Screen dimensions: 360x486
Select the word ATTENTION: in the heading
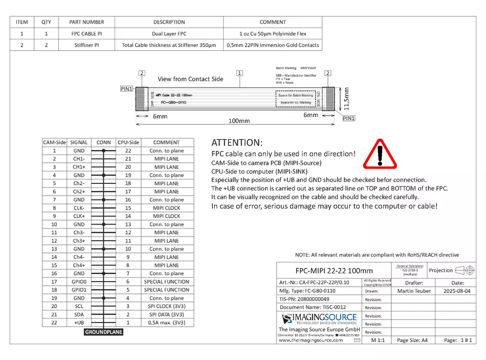(x=237, y=142)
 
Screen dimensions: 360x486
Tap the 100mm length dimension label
(x=239, y=121)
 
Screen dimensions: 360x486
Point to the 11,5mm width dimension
(x=347, y=98)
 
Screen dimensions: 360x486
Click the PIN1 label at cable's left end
(x=126, y=89)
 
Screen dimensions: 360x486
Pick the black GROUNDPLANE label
(x=104, y=332)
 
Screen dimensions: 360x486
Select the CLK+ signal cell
(x=78, y=216)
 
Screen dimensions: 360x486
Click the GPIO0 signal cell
(x=78, y=282)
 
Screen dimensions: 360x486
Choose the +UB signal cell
(x=78, y=323)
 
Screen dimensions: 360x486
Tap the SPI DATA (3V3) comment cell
(x=166, y=314)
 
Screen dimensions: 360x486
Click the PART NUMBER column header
(x=86, y=22)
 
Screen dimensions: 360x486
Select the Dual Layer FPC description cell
(x=169, y=34)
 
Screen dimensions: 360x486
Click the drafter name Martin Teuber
(x=413, y=291)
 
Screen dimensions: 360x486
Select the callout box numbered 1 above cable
(x=239, y=73)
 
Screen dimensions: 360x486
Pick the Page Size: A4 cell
(x=412, y=340)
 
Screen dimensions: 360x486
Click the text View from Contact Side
(x=190, y=79)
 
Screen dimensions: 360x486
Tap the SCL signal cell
(x=78, y=306)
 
